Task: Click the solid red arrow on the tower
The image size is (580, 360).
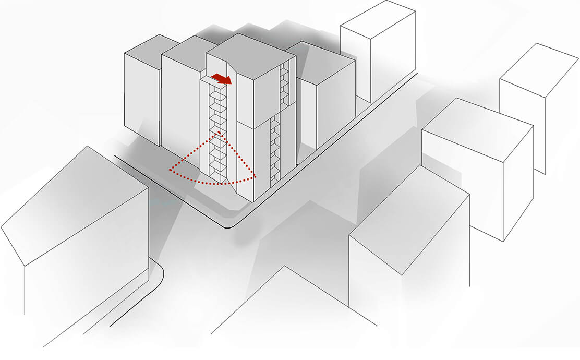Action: [222, 78]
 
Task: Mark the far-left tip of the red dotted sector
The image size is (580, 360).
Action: [170, 169]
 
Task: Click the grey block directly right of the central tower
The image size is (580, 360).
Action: [326, 99]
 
